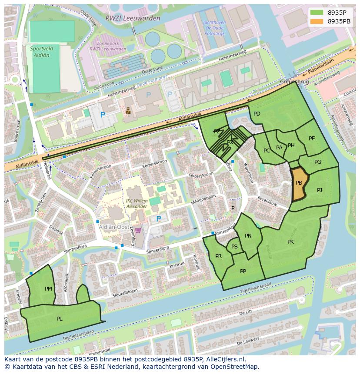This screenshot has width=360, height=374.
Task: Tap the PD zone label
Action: click(x=257, y=114)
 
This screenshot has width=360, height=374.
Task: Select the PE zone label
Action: click(x=312, y=139)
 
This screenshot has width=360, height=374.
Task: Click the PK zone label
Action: click(x=290, y=242)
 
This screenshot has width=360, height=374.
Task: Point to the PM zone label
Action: click(x=48, y=288)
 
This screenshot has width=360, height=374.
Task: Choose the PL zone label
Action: click(x=59, y=318)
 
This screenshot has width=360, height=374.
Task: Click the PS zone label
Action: click(x=234, y=247)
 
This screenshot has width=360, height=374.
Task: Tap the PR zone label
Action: click(x=218, y=256)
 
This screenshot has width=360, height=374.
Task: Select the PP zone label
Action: click(x=243, y=271)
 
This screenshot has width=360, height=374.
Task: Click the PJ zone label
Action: click(x=320, y=190)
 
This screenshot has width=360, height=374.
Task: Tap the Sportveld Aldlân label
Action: click(x=40, y=52)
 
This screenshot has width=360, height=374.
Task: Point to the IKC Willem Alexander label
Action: click(x=136, y=203)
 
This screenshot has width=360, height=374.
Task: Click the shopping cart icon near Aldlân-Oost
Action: click(x=138, y=231)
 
